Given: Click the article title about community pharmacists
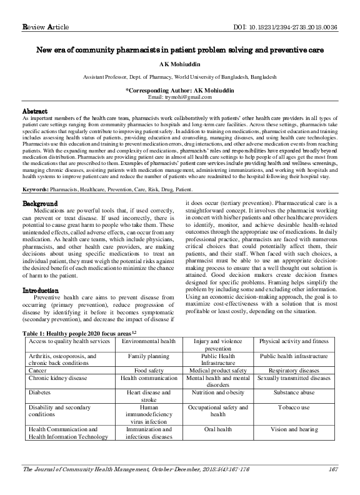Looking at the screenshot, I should pos(179,48).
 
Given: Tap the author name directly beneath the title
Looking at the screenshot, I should pos(179,64).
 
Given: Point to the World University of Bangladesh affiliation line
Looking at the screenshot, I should pos(179,76).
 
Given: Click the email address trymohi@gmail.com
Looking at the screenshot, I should pos(179,97).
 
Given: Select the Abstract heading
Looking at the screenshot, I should pos(35,110).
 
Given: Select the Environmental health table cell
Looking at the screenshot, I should pos(148,341).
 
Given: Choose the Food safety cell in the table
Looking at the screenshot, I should pos(148,369).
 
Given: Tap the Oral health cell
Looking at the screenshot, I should pos(218,429).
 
